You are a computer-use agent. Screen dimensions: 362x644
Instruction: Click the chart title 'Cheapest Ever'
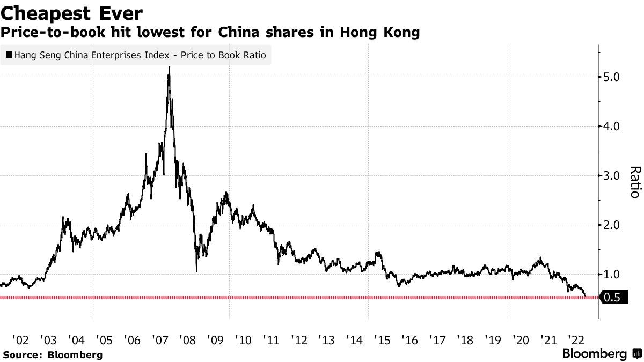click(x=71, y=12)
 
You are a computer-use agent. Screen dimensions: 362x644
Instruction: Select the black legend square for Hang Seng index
click(x=9, y=55)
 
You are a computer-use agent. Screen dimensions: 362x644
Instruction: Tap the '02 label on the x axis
click(x=20, y=340)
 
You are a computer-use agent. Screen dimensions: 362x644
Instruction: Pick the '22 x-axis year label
click(x=576, y=340)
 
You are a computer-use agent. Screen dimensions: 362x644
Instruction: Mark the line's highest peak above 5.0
click(x=170, y=68)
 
